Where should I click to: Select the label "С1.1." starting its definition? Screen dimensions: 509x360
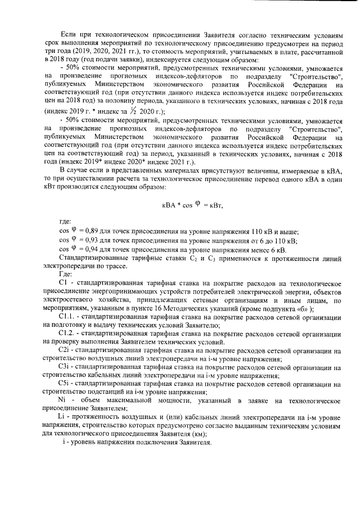point(69,317)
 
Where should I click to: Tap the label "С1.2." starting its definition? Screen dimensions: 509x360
point(69,334)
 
